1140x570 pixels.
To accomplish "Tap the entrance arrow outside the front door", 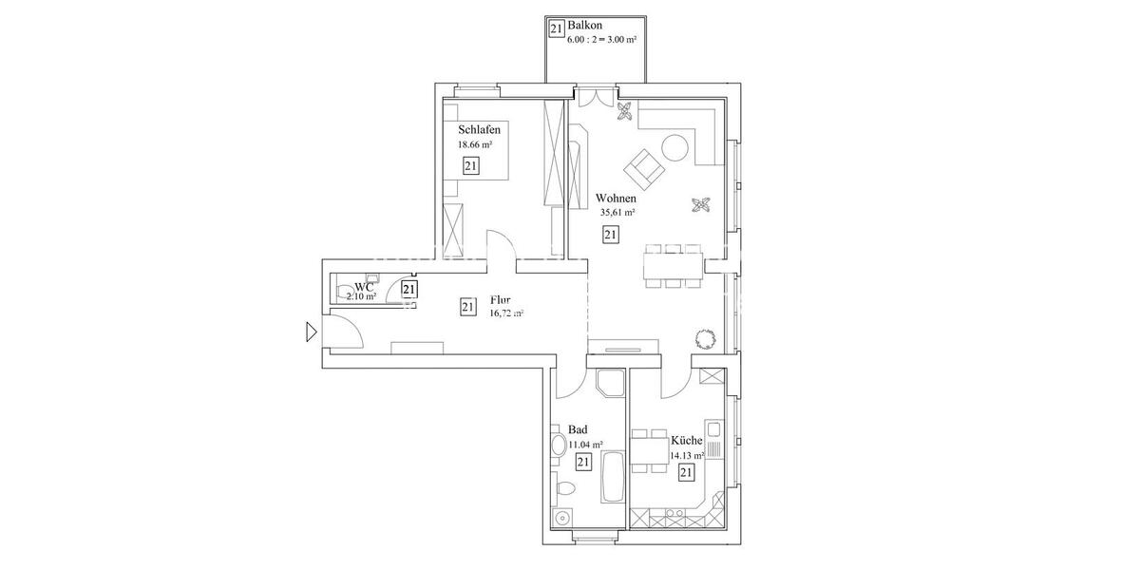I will click(311, 332).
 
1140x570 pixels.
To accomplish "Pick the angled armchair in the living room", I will click(644, 168).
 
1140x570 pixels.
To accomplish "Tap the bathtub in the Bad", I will click(612, 479).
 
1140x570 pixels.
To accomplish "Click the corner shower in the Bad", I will click(608, 383).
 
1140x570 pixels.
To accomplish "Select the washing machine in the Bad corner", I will click(562, 518).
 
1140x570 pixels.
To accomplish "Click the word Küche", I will click(686, 441).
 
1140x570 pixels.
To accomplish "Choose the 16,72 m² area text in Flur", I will click(506, 313).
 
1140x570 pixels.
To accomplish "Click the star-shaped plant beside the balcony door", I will click(624, 113).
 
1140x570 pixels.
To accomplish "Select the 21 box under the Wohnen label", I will click(610, 235).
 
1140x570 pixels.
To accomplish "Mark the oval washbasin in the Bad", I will click(556, 445).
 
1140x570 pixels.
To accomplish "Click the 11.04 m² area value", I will click(585, 444).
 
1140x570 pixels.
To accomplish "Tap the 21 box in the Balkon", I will click(557, 28).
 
